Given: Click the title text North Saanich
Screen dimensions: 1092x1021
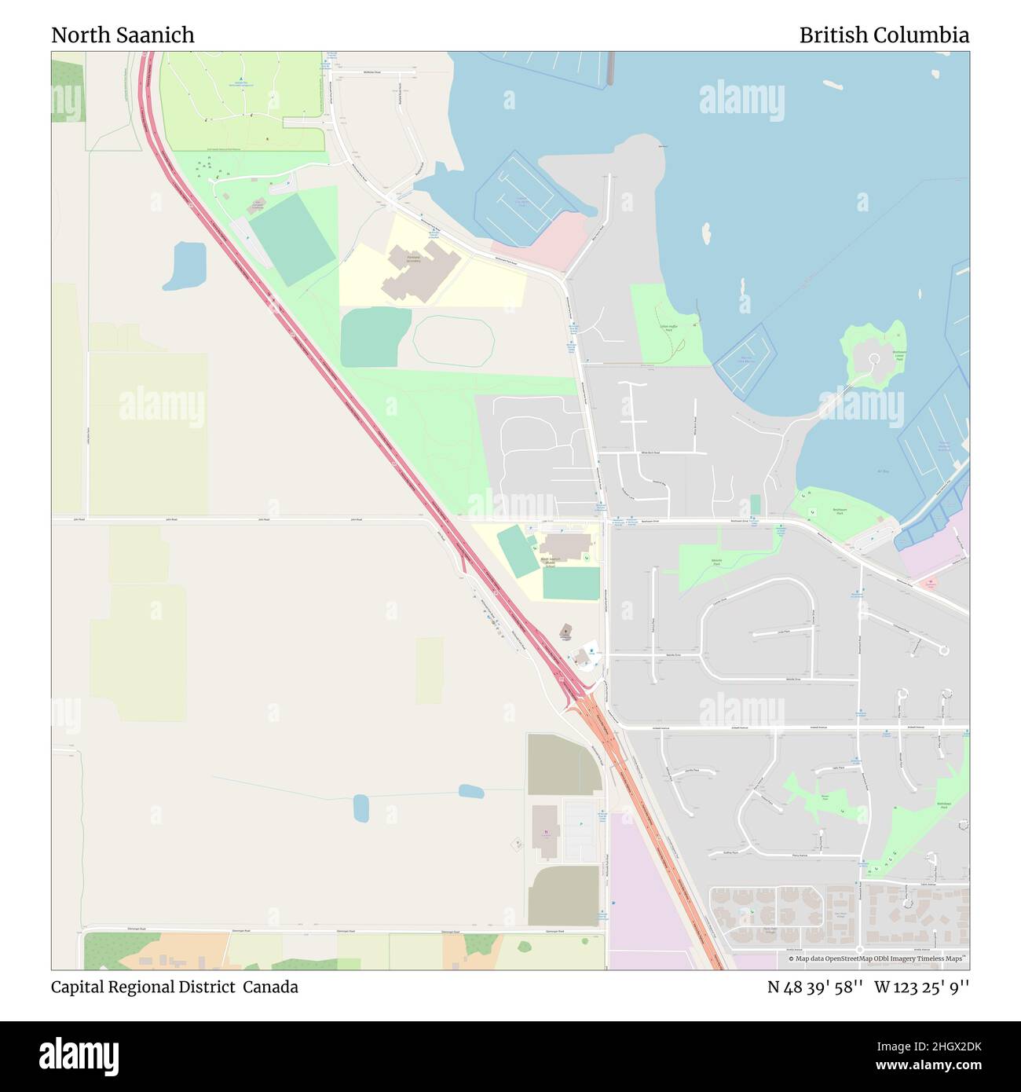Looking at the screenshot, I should coord(123,35).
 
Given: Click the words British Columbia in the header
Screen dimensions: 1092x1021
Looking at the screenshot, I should coord(884,35).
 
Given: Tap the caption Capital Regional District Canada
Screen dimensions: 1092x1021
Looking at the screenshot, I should coord(174,987).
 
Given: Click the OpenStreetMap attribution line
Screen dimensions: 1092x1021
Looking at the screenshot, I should coord(876,958).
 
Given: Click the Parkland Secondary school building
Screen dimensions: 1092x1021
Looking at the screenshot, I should coord(414,274).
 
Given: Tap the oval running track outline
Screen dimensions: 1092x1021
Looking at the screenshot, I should coord(454,340).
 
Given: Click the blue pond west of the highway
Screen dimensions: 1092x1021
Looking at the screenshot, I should coord(188,265).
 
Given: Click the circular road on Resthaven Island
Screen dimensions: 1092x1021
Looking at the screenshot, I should coord(873,361).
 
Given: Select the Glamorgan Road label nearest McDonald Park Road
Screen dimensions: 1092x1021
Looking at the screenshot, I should coord(556,931).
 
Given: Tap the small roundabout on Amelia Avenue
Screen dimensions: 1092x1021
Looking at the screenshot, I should coord(943,650).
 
